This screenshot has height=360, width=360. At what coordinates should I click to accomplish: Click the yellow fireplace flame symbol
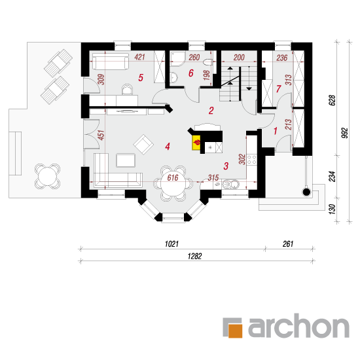click(x=196, y=143)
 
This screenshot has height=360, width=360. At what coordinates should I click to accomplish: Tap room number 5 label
click(x=141, y=78)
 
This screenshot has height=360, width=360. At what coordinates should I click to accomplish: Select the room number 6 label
click(x=190, y=73)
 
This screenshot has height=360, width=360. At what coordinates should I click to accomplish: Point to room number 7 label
click(x=278, y=88)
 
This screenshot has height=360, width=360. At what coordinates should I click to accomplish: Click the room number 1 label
click(x=276, y=131)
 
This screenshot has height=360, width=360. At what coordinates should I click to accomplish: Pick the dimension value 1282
click(x=194, y=256)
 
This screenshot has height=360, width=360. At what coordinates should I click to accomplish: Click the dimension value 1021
click(x=171, y=244)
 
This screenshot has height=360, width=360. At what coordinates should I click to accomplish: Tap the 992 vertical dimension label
click(x=344, y=133)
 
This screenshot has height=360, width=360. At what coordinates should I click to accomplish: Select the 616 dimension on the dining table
click(x=173, y=177)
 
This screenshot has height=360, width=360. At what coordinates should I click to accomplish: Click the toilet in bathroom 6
click(x=208, y=62)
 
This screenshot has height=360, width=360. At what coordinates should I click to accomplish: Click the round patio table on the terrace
click(x=47, y=176)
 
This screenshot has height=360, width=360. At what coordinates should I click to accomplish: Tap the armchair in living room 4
click(x=143, y=145)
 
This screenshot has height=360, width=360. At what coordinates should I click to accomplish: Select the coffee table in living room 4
click(x=126, y=160)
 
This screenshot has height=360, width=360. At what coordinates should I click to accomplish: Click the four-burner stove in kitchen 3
click(x=251, y=160)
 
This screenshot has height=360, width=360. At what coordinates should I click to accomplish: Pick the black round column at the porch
click(x=307, y=192)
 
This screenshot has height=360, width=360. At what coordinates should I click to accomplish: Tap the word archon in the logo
click(x=298, y=326)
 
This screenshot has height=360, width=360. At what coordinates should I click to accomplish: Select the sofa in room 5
click(x=111, y=61)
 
